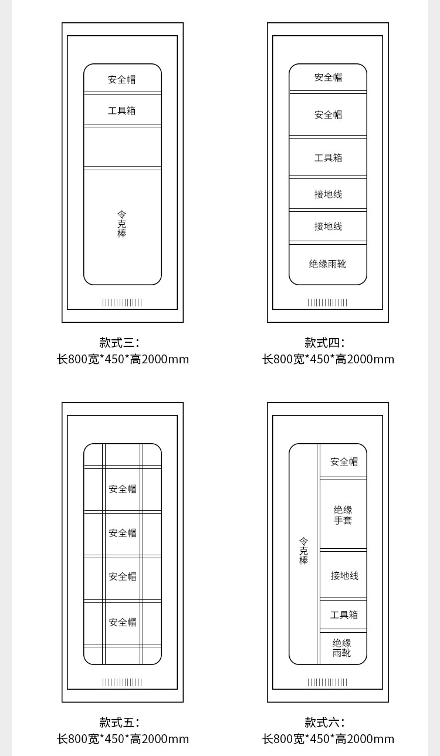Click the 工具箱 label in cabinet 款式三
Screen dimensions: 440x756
122,111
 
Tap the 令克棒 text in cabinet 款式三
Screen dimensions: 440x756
122,224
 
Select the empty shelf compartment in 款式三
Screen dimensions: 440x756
123,147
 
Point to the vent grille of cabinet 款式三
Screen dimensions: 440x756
122,302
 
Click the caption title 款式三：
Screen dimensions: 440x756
120,343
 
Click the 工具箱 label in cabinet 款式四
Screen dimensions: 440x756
329,158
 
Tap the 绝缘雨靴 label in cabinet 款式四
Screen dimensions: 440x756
327,264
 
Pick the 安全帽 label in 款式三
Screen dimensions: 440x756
122,79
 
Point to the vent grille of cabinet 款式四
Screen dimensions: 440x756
327,302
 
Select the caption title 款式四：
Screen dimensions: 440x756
325,343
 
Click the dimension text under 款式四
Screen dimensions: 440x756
328,359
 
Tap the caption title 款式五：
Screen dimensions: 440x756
120,722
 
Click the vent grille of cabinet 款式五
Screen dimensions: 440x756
122,682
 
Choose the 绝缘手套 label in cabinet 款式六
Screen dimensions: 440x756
343,515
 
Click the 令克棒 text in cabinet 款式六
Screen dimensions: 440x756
303,551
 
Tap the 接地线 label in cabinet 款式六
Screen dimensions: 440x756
344,575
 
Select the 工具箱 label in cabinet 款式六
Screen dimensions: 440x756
344,615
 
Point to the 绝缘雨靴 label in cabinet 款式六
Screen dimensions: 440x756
342,647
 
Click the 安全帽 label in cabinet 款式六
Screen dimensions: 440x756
344,461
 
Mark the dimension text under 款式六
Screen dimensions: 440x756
328,739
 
